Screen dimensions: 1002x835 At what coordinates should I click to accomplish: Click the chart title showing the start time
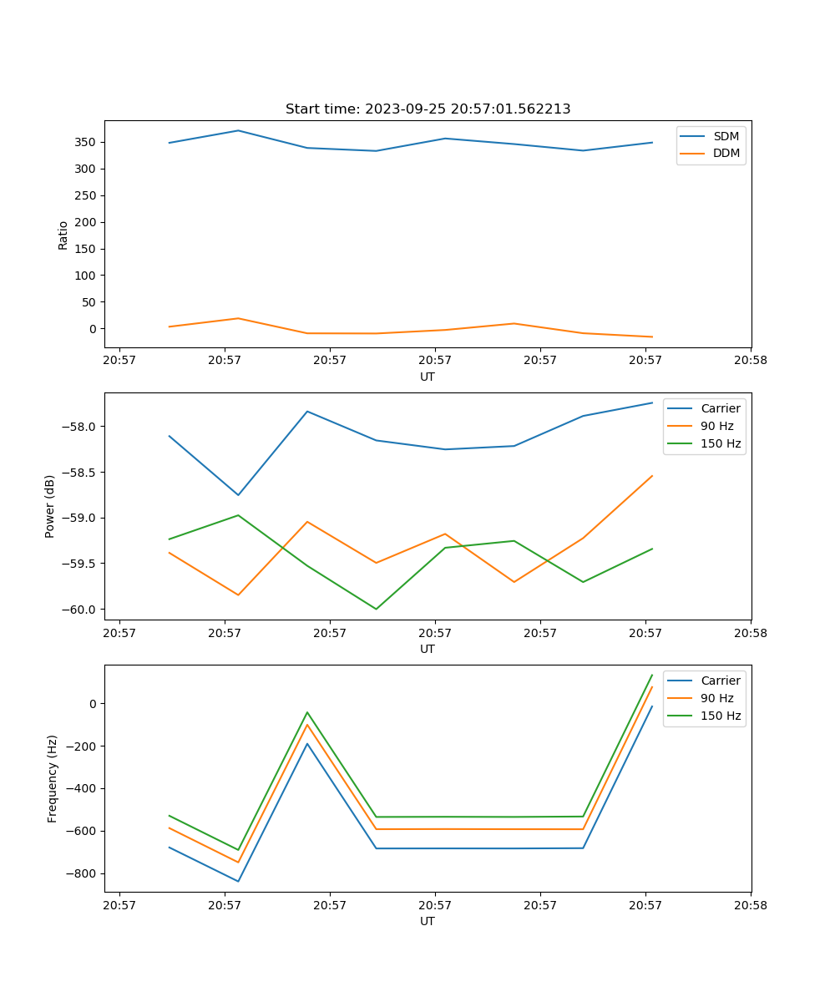[428, 109]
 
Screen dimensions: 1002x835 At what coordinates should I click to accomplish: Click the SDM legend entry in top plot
[726, 136]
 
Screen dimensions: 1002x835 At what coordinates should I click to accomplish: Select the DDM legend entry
[726, 154]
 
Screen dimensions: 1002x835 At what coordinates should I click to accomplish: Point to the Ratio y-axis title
[63, 235]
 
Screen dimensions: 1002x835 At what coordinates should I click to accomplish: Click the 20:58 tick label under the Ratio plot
[750, 361]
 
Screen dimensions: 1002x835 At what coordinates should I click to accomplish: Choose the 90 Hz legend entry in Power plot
[717, 426]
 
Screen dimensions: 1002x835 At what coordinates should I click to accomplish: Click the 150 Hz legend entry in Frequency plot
[721, 716]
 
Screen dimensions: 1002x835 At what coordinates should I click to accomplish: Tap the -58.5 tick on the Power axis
[80, 472]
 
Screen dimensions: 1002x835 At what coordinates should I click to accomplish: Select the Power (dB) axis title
[50, 506]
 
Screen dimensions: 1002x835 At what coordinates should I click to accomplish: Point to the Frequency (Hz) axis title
[53, 778]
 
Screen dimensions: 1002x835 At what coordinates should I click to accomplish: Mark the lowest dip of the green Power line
[376, 609]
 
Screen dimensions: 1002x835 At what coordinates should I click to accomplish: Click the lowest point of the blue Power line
[238, 495]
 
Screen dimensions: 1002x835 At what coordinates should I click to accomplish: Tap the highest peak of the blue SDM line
[238, 130]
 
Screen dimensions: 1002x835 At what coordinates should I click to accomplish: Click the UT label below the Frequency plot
[428, 921]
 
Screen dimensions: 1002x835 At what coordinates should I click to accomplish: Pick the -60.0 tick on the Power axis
[80, 609]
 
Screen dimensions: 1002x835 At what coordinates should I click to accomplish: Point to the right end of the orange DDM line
[652, 337]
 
